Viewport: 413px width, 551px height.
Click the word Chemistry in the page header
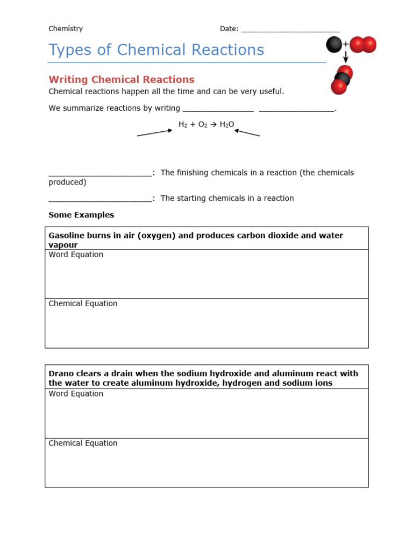pyautogui.click(x=66, y=29)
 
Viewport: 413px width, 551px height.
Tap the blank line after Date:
pyautogui.click(x=290, y=30)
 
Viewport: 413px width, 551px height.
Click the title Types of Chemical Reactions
pyautogui.click(x=156, y=50)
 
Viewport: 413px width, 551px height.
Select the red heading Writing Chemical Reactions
pyautogui.click(x=122, y=80)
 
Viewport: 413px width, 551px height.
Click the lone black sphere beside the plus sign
pyautogui.click(x=334, y=45)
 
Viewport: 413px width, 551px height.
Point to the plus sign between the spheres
pyautogui.click(x=346, y=44)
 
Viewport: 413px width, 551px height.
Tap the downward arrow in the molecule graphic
pyautogui.click(x=346, y=56)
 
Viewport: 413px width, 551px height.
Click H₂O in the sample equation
pyautogui.click(x=226, y=124)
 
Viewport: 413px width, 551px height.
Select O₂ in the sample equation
pyautogui.click(x=202, y=124)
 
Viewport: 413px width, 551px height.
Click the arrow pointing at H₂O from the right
pyautogui.click(x=247, y=132)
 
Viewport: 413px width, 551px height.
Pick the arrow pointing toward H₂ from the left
pyautogui.click(x=155, y=132)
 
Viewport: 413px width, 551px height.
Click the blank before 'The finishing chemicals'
pyautogui.click(x=100, y=173)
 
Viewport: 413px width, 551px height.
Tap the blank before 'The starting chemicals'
pyautogui.click(x=100, y=199)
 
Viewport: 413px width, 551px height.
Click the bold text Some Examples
pyautogui.click(x=81, y=215)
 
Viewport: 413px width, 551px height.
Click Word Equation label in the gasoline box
pyautogui.click(x=76, y=255)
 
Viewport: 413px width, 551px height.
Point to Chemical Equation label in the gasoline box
pyautogui.click(x=83, y=303)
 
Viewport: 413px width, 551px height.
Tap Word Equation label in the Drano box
pyautogui.click(x=76, y=394)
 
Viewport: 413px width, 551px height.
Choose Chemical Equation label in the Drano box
pyautogui.click(x=83, y=443)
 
